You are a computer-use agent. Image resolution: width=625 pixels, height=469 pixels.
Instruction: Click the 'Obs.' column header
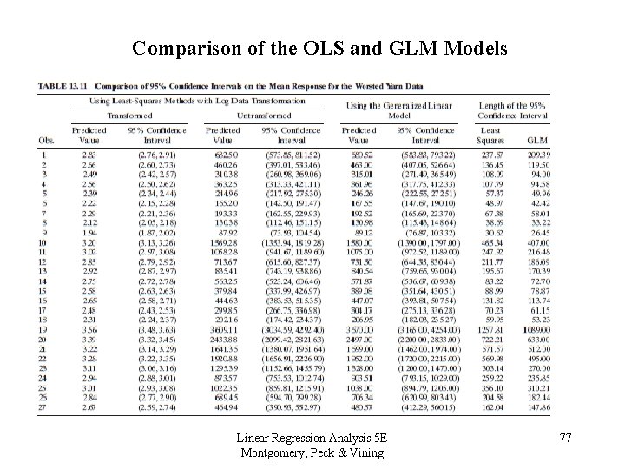point(46,140)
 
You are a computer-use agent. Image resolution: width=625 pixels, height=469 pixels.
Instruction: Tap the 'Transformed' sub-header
point(129,115)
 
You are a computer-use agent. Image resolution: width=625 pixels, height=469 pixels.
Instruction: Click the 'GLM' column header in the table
point(537,140)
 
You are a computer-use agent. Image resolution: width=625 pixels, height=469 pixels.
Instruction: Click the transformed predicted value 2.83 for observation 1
point(89,153)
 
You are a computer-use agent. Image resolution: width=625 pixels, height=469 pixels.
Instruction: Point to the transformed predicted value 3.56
point(89,330)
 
